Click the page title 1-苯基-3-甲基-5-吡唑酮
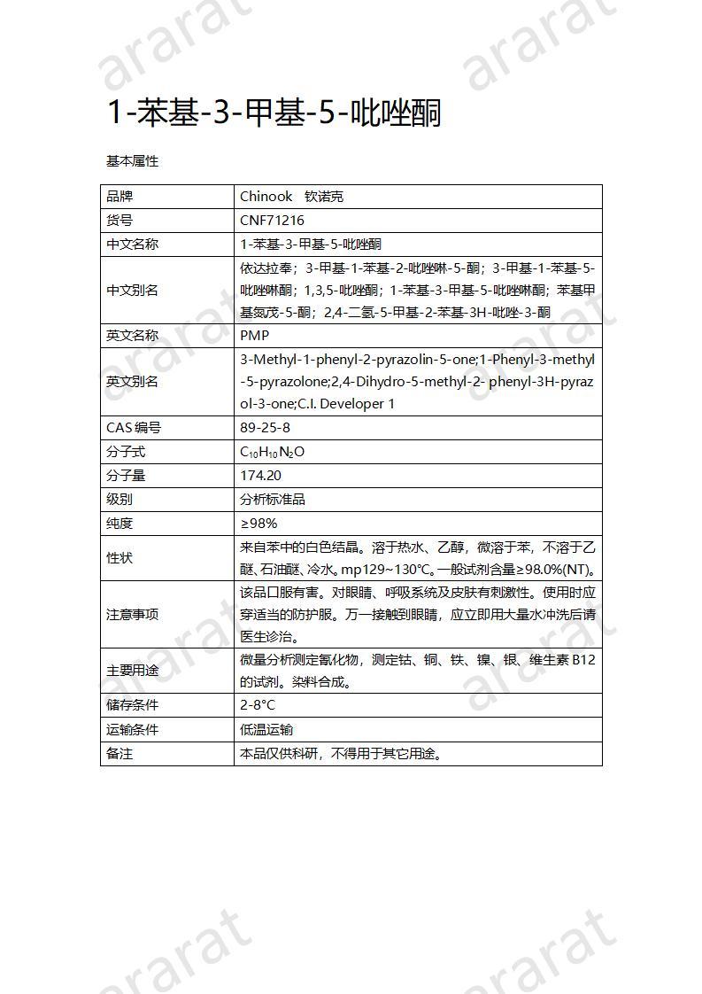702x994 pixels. coord(273,113)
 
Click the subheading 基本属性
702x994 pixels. coord(132,161)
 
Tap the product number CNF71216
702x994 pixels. coord(272,221)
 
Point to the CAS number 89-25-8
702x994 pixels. coord(265,428)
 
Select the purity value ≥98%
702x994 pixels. coord(258,524)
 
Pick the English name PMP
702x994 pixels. coord(254,336)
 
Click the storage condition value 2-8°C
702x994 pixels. coord(258,705)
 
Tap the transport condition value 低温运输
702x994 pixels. coord(266,730)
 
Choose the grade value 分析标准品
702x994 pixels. coord(273,500)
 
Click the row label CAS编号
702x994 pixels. coord(134,428)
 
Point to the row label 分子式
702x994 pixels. coord(126,452)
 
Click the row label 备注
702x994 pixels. coord(119,754)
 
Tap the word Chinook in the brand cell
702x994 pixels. coord(266,197)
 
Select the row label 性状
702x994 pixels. coord(119,558)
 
